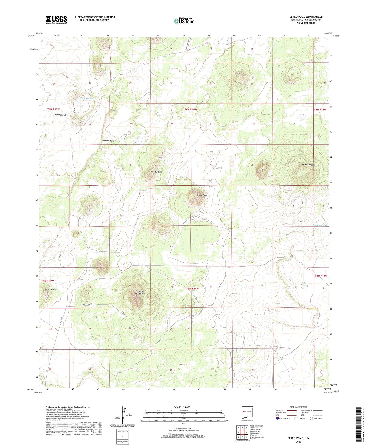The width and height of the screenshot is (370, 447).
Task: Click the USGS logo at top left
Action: click(x=56, y=19)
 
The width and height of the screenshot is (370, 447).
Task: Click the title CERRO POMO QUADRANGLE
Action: click(x=306, y=17)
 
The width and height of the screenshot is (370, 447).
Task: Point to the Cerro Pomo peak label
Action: click(x=202, y=195)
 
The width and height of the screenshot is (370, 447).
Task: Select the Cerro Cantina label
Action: click(x=156, y=172)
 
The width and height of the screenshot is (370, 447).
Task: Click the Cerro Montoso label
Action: click(x=308, y=165)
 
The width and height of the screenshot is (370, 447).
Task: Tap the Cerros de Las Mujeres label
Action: click(x=140, y=292)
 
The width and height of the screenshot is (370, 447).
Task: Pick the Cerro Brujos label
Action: click(x=51, y=290)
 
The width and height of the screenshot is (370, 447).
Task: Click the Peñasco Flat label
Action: click(x=60, y=115)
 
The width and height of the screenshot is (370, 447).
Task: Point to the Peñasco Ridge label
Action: click(x=108, y=141)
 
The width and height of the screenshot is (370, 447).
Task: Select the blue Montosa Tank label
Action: click(x=320, y=225)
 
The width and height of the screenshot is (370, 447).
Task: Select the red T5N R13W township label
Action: click(x=321, y=276)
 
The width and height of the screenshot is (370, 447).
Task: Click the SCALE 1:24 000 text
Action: click(x=182, y=407)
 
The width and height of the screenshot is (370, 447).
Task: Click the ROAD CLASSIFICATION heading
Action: click(x=298, y=407)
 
